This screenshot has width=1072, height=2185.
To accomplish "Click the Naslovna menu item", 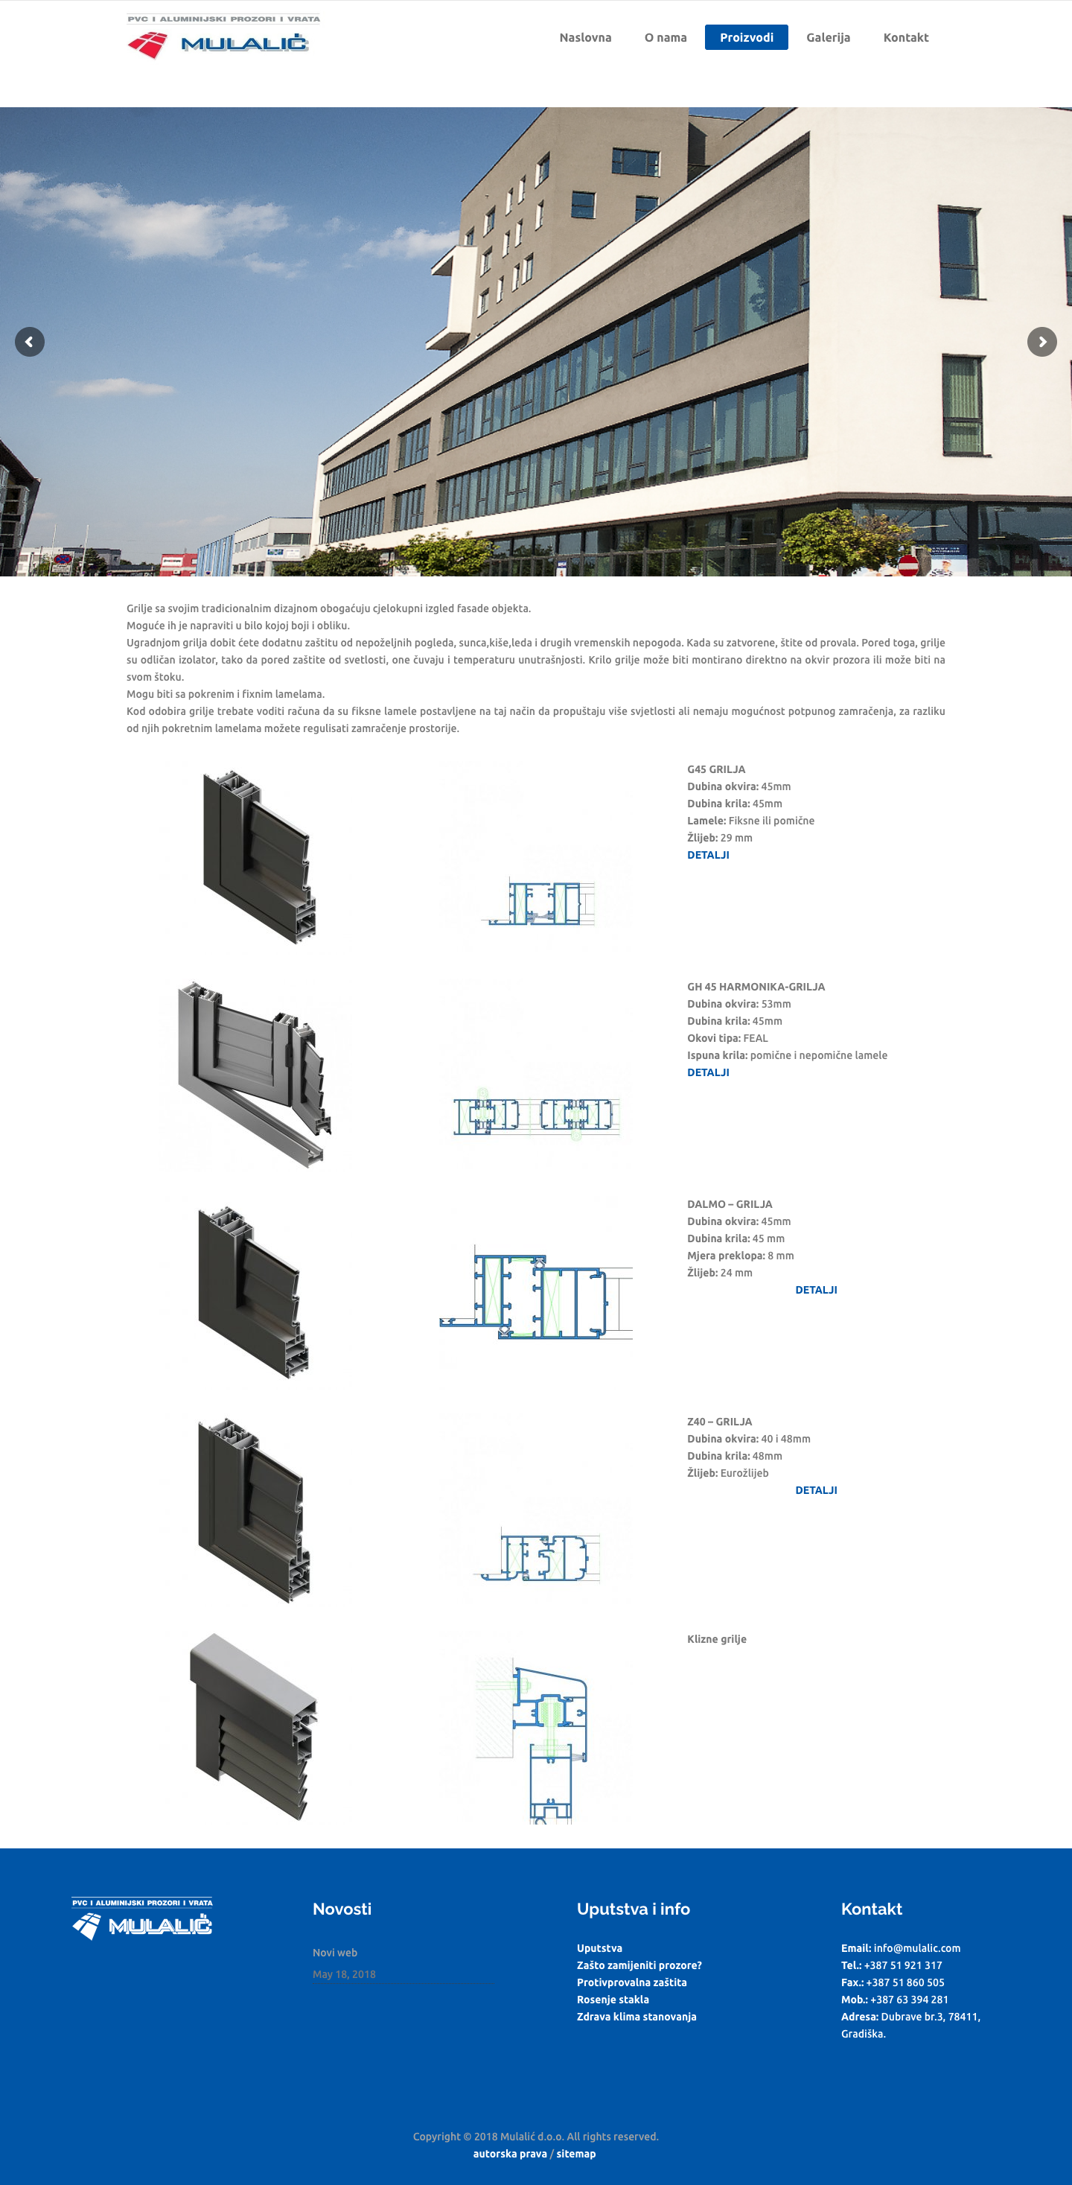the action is coord(585,37).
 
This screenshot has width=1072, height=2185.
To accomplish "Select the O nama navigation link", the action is coord(666,37).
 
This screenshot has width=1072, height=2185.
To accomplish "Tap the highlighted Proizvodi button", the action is coord(747,37).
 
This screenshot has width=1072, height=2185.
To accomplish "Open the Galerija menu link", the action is coord(828,37).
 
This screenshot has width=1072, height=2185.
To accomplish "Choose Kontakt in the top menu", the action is coord(906,37).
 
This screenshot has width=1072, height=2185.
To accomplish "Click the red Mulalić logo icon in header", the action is coord(147,44).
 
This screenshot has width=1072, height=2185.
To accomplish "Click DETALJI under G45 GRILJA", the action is coord(708,855).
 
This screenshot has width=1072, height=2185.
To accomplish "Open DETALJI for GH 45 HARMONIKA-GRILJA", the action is coord(708,1072).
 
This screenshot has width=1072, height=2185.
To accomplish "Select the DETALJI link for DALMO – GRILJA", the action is coord(816,1289).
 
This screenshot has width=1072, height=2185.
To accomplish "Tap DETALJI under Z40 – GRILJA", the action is coord(816,1489).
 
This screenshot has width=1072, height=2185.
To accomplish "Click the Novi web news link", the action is coord(335,1953).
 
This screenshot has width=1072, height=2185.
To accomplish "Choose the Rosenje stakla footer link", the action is coord(613,2000).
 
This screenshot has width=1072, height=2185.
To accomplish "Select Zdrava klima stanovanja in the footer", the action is coord(636,2016).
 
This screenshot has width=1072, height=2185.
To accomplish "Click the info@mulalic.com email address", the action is coord(917,1947).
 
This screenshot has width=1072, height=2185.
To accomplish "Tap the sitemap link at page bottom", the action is coord(576,2154).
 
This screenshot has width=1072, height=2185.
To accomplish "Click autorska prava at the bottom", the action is coord(510,2154).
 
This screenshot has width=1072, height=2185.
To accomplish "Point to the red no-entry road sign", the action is coord(908,565).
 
